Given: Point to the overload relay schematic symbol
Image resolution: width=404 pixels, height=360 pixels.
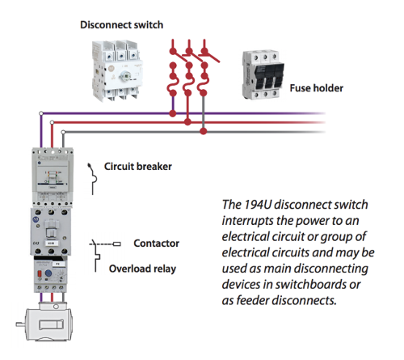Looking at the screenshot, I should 99,265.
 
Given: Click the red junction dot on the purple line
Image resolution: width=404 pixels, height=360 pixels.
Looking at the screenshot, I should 173,112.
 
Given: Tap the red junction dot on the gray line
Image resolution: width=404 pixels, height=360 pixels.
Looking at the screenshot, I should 203,129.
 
